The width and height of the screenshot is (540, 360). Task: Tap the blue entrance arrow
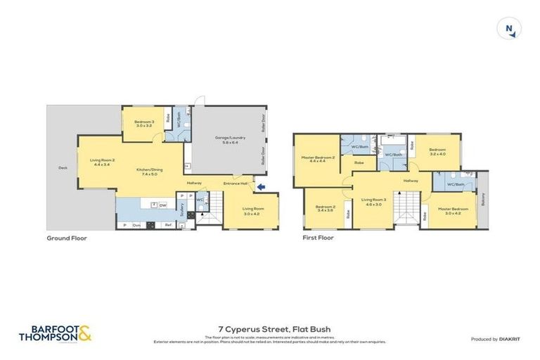pyautogui.click(x=261, y=186)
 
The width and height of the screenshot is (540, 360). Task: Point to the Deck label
pyautogui.click(x=62, y=168)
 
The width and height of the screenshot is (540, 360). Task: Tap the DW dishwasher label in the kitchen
pyautogui.click(x=162, y=205)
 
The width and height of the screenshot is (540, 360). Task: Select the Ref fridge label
pyautogui.click(x=168, y=225)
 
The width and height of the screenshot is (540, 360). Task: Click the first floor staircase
pyautogui.click(x=406, y=210)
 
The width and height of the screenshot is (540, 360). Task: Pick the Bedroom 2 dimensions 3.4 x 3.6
pyautogui.click(x=325, y=211)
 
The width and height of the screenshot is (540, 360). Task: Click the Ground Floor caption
pyautogui.click(x=67, y=238)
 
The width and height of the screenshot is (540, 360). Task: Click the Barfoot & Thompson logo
pyautogui.click(x=55, y=333)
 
